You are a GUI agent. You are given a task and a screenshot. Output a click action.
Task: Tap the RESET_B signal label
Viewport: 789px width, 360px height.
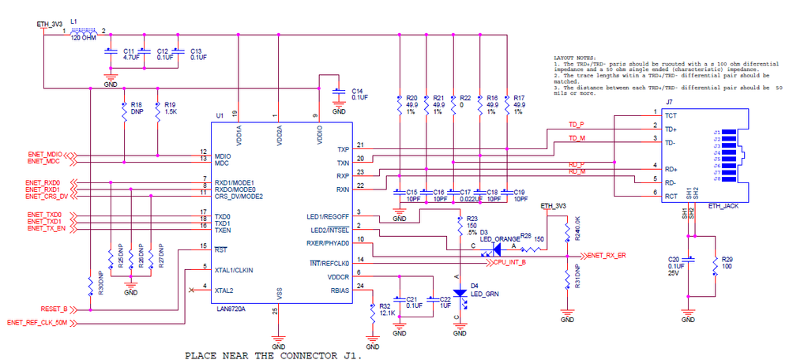pos(54,309)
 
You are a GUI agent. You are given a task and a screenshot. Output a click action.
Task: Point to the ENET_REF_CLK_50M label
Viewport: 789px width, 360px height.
pos(42,323)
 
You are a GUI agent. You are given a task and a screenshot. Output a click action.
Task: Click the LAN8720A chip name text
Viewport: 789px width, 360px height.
pos(231,309)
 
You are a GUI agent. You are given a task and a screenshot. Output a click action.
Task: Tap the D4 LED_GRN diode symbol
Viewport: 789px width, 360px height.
pos(456,293)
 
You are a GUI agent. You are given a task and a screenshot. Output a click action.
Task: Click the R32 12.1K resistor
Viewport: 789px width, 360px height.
pos(373,311)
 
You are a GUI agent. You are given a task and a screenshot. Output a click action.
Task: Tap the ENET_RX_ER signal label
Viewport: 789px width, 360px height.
pos(606,256)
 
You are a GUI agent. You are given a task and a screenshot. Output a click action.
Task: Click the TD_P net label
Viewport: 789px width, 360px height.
pos(577,124)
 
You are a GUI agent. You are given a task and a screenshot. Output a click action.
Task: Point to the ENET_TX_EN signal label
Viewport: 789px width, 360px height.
pos(44,228)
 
